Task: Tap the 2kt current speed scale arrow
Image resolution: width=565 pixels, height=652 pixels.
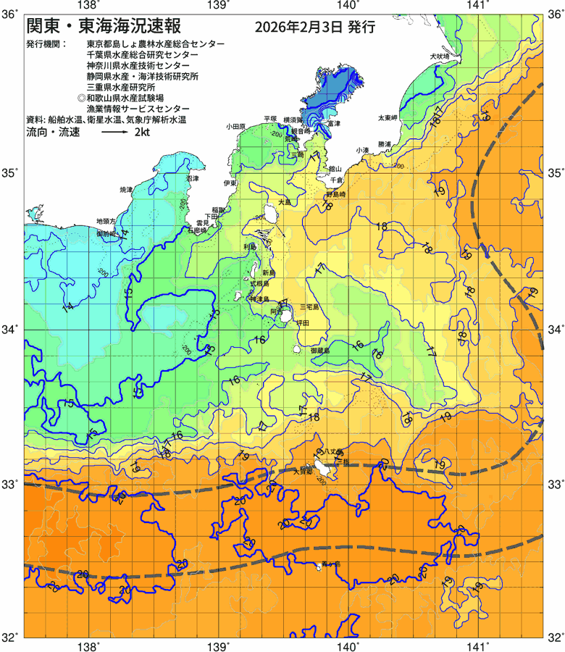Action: click(114, 134)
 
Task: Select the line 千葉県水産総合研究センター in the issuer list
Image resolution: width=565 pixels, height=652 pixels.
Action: click(142, 55)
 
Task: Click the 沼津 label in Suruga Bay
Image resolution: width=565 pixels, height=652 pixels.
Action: click(193, 178)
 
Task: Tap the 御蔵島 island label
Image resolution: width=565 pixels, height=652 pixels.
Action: click(319, 351)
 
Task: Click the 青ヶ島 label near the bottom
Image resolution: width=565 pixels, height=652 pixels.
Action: click(330, 563)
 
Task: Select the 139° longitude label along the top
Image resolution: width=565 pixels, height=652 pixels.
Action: click(219, 7)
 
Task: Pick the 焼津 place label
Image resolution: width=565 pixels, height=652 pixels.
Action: click(126, 189)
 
